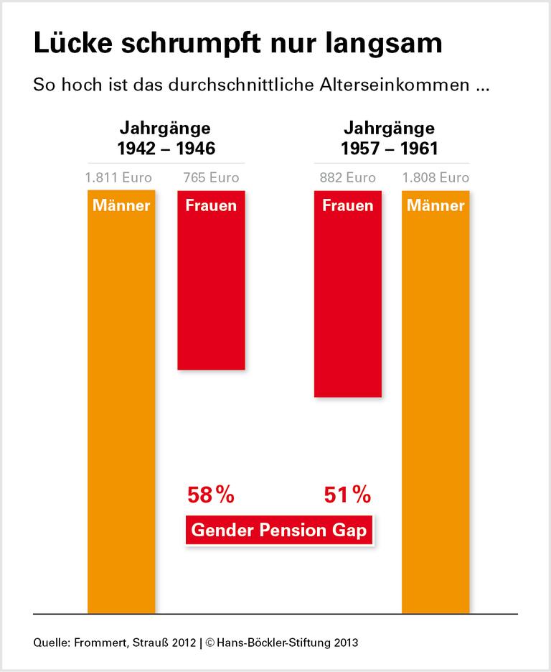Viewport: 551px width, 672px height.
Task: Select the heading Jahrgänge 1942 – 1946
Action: coord(166,139)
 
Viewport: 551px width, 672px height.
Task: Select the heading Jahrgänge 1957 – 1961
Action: coord(389,139)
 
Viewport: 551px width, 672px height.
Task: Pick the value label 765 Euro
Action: coord(211,177)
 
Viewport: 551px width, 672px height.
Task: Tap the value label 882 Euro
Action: coord(348,177)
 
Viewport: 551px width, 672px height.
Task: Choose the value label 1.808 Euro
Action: coord(435,177)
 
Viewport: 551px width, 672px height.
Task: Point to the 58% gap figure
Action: coord(211,495)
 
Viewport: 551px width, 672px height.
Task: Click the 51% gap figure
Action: coord(347,495)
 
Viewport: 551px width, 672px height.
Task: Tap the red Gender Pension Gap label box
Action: coord(280,532)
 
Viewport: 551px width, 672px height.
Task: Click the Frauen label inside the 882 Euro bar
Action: coord(348,205)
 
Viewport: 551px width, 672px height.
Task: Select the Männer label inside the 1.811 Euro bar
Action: coord(121,205)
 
